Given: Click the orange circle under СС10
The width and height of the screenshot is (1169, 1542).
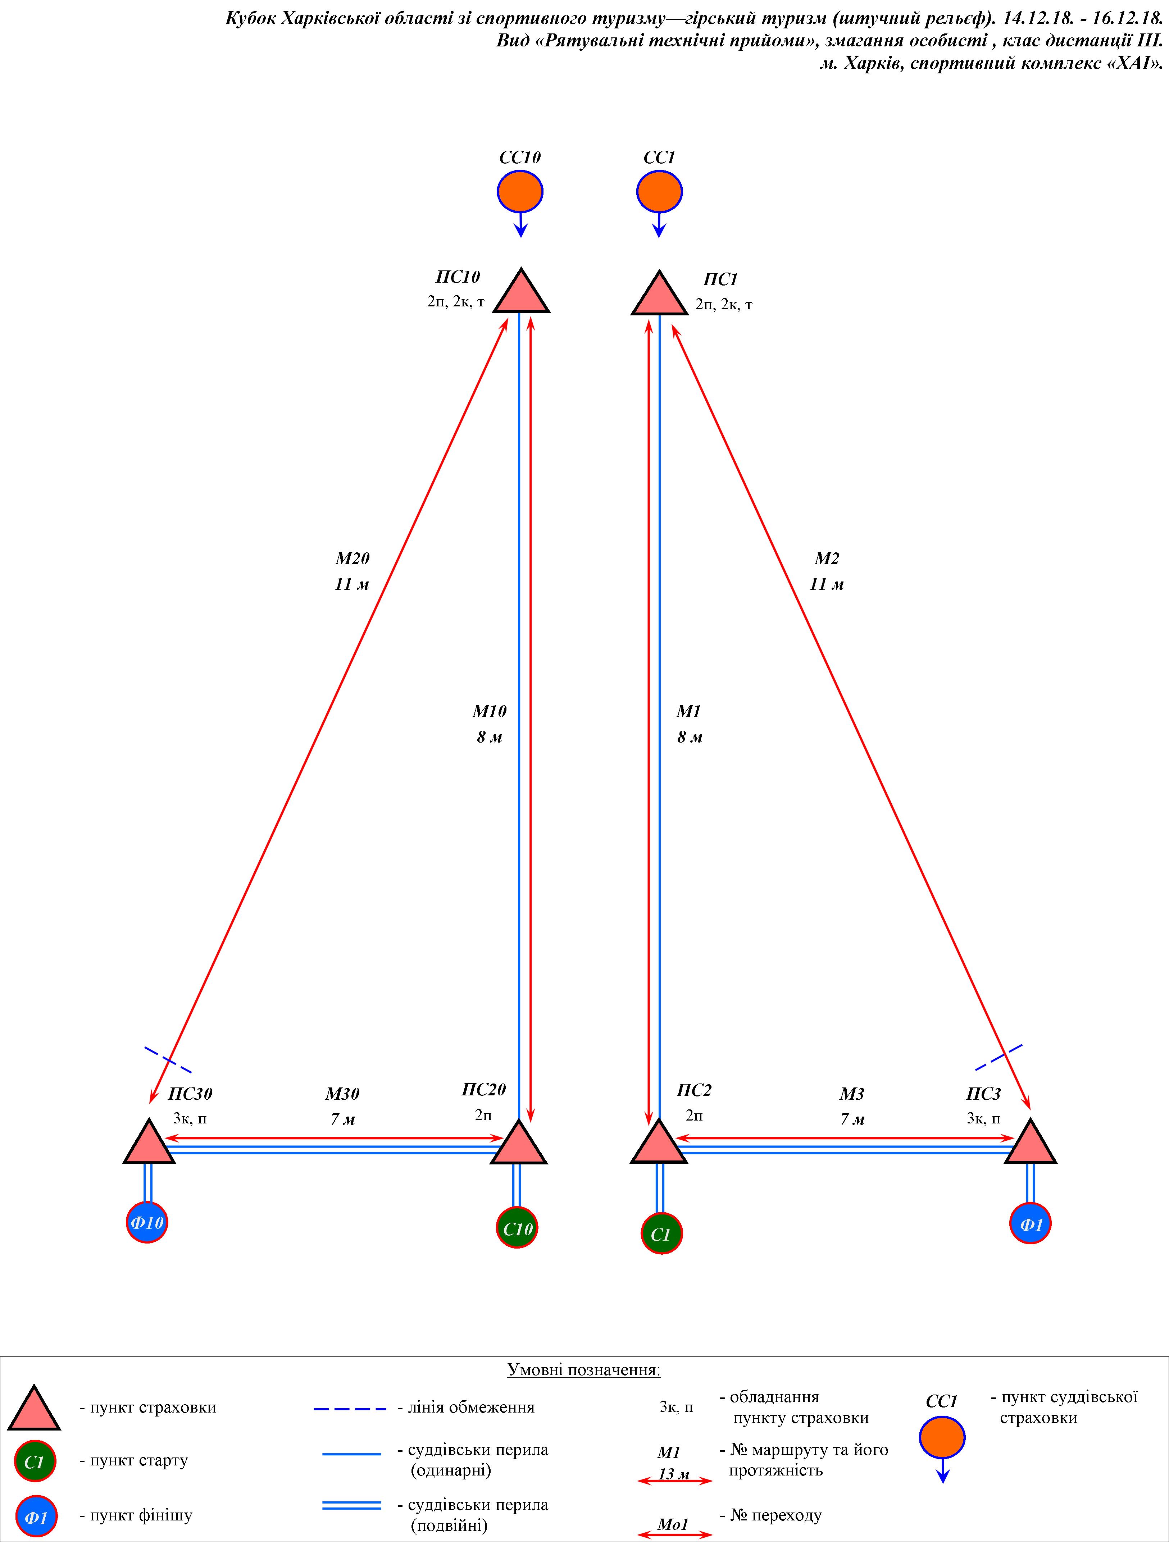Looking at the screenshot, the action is [520, 191].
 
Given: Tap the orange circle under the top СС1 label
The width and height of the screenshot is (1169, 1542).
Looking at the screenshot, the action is [659, 191].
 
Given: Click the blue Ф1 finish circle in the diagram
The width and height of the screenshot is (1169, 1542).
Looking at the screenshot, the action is [1030, 1223].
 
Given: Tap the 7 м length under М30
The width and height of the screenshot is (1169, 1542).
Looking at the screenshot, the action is [342, 1119].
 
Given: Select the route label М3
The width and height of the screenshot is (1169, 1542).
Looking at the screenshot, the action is [852, 1094].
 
